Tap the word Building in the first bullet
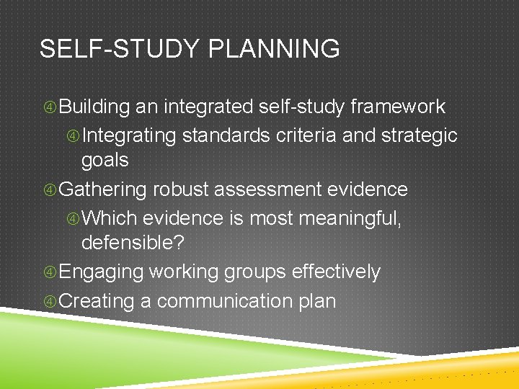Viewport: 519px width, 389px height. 94,107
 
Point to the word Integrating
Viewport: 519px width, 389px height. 129,135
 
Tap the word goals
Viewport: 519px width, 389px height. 105,160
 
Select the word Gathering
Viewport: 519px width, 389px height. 102,189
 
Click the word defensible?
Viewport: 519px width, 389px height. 133,243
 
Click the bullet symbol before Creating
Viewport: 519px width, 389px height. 50,301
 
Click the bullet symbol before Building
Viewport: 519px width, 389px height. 50,108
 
